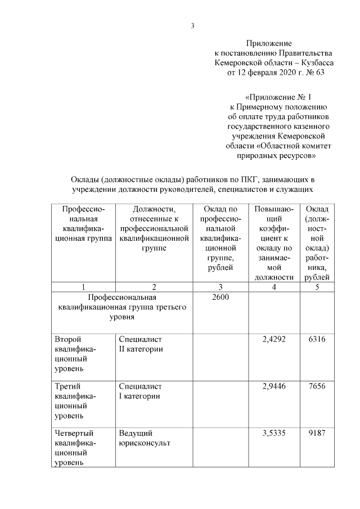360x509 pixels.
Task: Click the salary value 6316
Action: click(317, 340)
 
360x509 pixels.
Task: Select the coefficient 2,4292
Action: click(274, 340)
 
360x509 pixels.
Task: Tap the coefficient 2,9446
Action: click(274, 387)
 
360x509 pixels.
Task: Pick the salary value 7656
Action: click(317, 387)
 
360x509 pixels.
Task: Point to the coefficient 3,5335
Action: click(274, 434)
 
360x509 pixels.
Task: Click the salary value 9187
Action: click(317, 434)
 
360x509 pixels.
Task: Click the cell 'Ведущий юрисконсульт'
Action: click(145, 438)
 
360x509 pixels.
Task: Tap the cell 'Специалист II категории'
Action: click(141, 344)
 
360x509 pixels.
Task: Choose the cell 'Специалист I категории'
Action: click(140, 391)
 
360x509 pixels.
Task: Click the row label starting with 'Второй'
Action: click(75, 354)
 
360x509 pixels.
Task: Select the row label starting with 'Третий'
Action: click(75, 401)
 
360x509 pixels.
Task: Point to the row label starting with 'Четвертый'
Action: click(75, 448)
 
